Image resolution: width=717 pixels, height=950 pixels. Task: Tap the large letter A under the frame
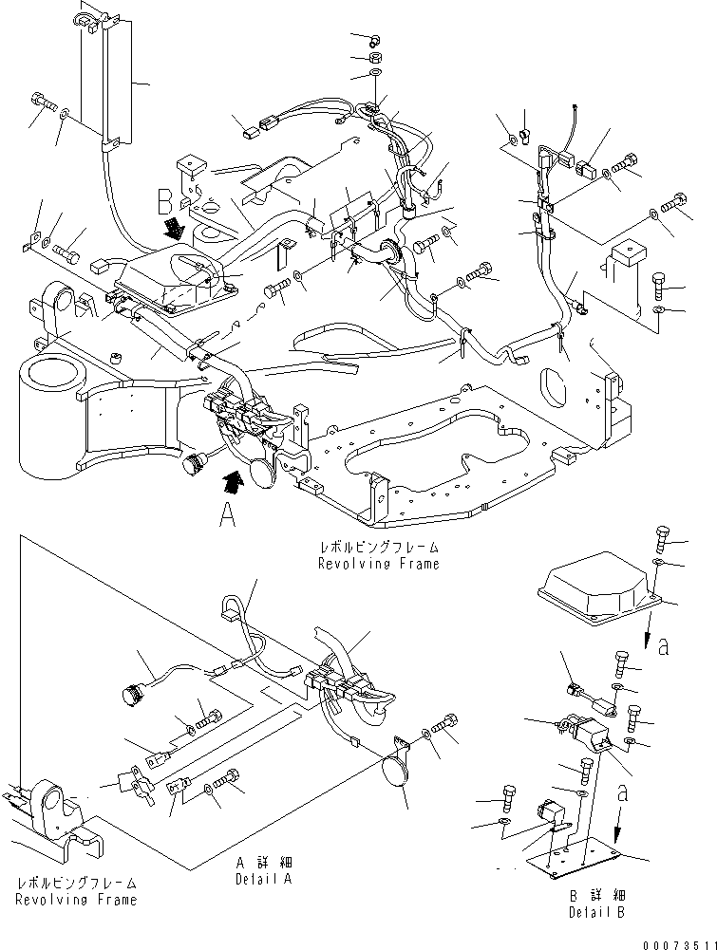pyautogui.click(x=226, y=517)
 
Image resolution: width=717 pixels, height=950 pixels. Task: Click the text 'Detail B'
pyautogui.click(x=595, y=912)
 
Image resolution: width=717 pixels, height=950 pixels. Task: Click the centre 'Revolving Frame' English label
pyautogui.click(x=380, y=564)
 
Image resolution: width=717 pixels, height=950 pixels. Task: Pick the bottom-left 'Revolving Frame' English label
pyautogui.click(x=77, y=899)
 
